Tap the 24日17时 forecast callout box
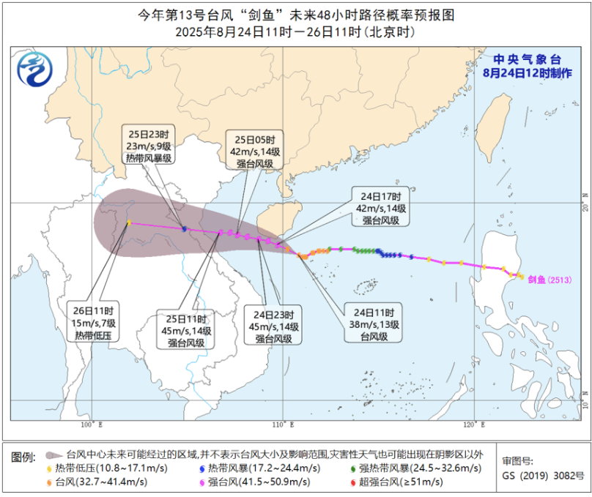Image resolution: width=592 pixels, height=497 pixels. (x=380, y=209)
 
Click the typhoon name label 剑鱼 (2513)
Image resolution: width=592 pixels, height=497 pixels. (x=549, y=280)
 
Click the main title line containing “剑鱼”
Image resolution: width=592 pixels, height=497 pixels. (x=295, y=14)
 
